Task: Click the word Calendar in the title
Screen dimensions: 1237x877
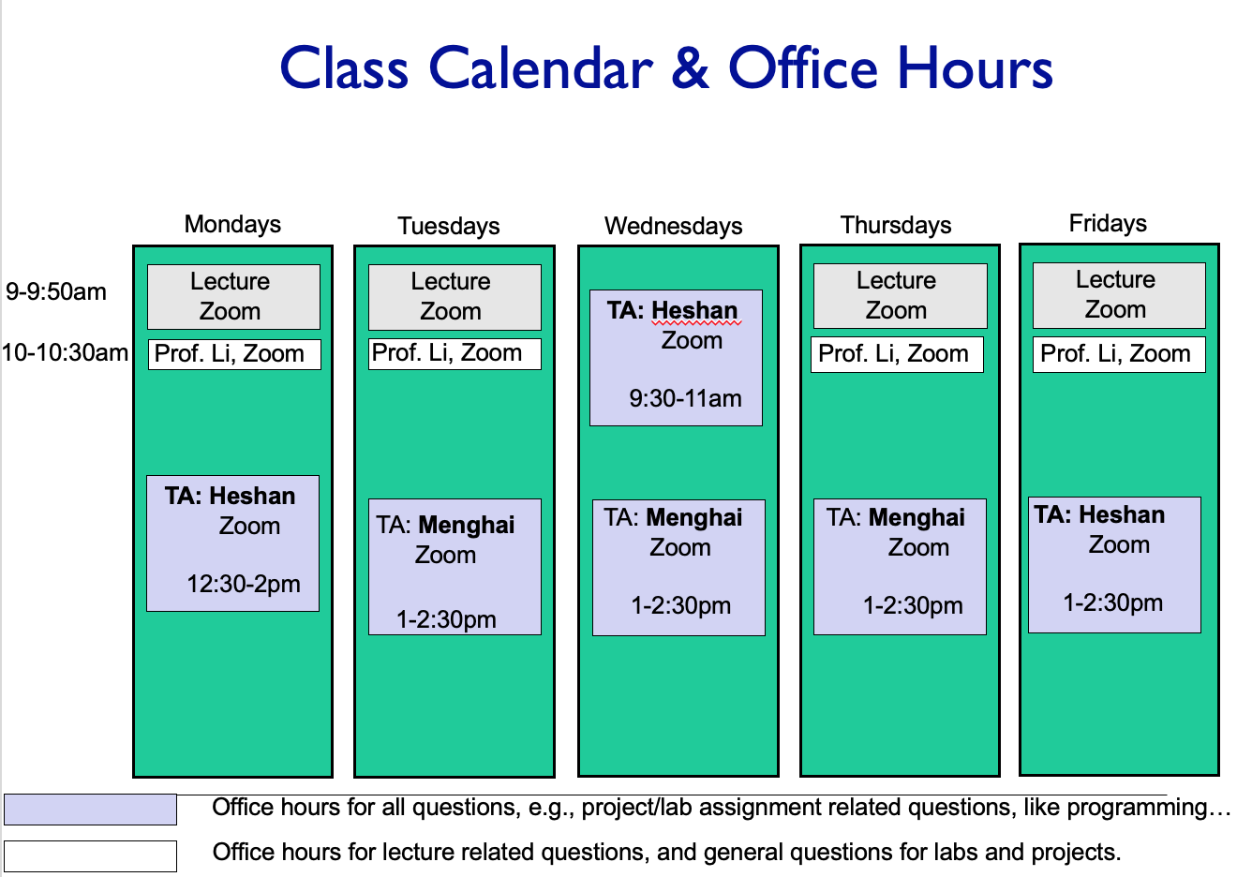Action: coord(541,67)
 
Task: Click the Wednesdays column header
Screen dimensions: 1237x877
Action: coord(673,227)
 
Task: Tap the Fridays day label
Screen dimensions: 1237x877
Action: coord(1108,223)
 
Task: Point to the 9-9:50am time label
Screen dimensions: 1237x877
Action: coord(56,291)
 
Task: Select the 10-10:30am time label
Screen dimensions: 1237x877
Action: coord(66,352)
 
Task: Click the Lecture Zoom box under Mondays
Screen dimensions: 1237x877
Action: coord(233,297)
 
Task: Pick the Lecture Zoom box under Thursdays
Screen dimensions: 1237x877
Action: coord(901,296)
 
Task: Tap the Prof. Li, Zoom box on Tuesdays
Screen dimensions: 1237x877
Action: coord(455,353)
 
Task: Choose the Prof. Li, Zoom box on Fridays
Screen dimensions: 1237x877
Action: coord(1119,354)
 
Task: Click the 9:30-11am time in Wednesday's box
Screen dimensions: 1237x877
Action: coord(685,399)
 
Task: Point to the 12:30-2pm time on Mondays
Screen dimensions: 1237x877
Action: coord(244,585)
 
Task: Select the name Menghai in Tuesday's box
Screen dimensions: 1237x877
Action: coord(467,525)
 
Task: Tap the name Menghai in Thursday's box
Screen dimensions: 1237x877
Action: coord(917,517)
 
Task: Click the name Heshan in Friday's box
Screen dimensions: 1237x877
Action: coord(1122,514)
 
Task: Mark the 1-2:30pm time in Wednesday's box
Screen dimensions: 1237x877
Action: coord(681,606)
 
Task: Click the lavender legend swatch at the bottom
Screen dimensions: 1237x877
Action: coord(90,810)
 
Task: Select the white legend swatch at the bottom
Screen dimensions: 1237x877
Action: coord(90,856)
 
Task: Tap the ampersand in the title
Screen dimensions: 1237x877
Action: coord(691,67)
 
